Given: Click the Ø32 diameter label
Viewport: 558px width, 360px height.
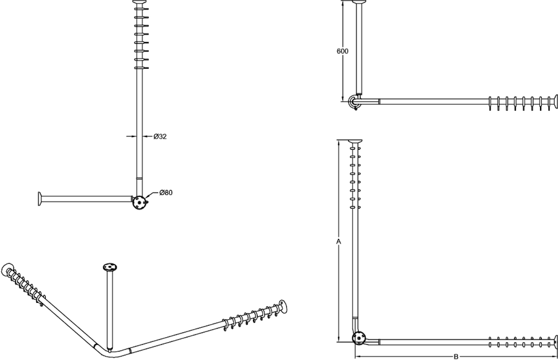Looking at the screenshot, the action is (x=160, y=136).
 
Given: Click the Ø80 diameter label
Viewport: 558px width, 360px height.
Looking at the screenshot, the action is (x=166, y=193).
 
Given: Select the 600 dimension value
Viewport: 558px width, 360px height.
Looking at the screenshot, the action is (x=342, y=51).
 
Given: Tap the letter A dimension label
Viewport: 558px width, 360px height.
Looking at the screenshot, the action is (x=339, y=242).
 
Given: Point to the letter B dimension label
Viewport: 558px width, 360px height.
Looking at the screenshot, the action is (x=456, y=356).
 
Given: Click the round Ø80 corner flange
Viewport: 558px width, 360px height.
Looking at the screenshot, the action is (x=139, y=203).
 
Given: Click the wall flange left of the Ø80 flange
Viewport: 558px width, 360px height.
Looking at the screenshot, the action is (x=40, y=198).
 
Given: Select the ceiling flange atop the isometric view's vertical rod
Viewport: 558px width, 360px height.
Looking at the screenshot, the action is (x=110, y=267).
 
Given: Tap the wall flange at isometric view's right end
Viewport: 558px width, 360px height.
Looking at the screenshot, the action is (x=283, y=307).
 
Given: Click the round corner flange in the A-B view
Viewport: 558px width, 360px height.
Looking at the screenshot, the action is (x=359, y=338).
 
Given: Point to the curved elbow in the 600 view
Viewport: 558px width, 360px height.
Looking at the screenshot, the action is (x=352, y=101).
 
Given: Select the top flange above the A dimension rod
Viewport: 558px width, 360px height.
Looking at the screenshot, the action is (x=355, y=141).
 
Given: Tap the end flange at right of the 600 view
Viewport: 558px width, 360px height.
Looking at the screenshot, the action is (x=556, y=102).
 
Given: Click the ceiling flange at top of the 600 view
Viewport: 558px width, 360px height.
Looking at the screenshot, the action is (x=359, y=2).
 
